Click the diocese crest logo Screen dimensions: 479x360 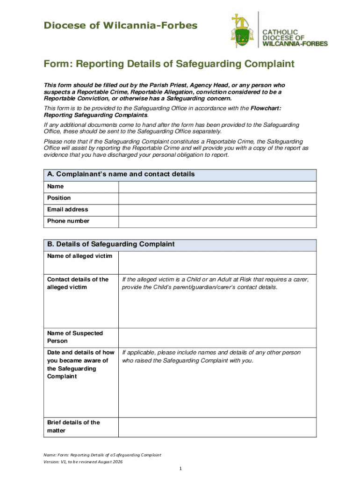pos(243,31)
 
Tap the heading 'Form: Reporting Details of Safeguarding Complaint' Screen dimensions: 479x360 pos(169,64)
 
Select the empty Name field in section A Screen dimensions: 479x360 pos(217,186)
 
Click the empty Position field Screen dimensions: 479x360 pos(217,198)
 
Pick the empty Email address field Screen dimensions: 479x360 pos(217,210)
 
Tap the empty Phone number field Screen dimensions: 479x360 pos(217,221)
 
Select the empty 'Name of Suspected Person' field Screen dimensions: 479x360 pos(217,337)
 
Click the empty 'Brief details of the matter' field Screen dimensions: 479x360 pos(217,427)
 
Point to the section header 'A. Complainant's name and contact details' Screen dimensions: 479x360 pos(121,174)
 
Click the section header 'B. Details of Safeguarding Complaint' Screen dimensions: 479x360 pos(111,244)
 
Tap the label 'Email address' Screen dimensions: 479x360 pos(67,210)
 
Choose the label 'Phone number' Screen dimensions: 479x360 pos(68,221)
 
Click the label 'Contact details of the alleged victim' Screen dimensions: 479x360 pos(78,283)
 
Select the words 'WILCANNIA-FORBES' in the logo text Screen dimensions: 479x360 pos(295,44)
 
